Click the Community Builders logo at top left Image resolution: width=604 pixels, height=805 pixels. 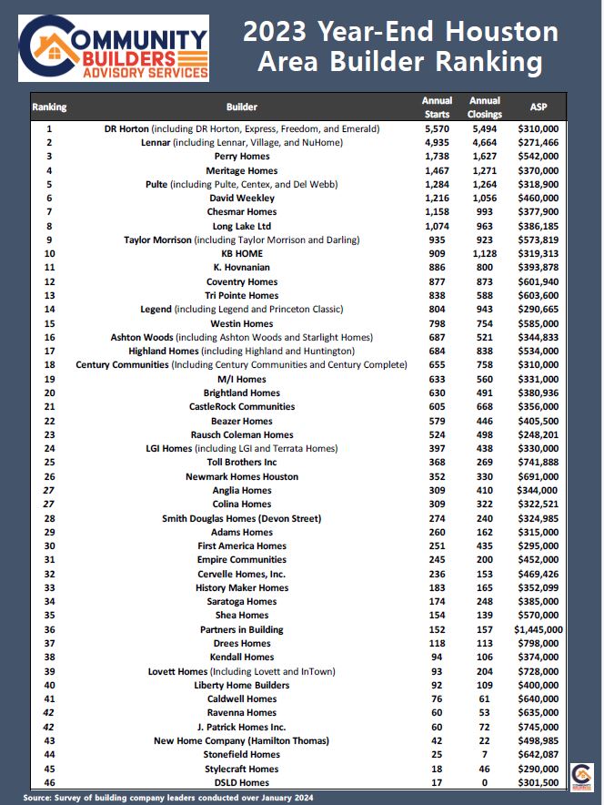click(114, 48)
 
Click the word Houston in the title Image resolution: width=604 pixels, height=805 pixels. click(506, 32)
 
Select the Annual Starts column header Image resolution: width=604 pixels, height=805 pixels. click(437, 107)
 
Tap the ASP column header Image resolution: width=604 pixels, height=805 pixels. click(539, 107)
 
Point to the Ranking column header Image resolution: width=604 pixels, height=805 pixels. click(49, 107)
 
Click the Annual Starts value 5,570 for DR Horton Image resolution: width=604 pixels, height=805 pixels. click(437, 129)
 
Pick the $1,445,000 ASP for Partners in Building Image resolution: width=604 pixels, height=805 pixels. click(538, 629)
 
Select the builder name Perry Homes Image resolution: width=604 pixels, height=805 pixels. click(241, 157)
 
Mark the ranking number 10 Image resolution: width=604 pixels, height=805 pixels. click(49, 254)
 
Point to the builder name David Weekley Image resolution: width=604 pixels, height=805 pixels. click(241, 199)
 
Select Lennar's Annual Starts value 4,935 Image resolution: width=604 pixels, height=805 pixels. click(437, 143)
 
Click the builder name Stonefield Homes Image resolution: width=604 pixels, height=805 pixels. click(241, 754)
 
